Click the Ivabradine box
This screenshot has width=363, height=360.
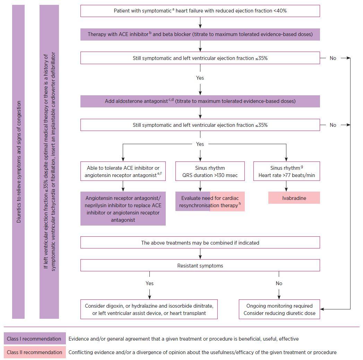294,198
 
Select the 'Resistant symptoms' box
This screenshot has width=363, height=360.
200,265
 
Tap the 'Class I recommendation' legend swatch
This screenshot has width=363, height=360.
35,339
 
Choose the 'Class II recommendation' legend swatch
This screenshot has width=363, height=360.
35,352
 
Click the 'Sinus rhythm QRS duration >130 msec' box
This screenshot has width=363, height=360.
210,171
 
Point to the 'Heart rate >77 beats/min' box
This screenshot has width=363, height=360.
287,171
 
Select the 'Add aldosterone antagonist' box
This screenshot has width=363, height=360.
200,101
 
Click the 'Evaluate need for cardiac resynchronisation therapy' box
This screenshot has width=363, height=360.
210,201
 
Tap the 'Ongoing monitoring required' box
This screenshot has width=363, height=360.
279,309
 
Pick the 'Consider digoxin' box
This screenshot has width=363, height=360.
149,309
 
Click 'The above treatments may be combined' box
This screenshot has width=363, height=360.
200,243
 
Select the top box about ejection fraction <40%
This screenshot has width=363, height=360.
200,11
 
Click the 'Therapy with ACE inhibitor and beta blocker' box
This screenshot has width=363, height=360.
200,34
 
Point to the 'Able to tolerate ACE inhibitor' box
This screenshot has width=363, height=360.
123,171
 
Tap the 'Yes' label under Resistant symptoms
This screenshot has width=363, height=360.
149,283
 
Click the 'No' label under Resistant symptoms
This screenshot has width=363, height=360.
279,283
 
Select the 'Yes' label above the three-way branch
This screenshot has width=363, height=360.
200,144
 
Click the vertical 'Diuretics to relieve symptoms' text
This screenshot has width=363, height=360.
18,162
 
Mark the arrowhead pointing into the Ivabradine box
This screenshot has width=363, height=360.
286,190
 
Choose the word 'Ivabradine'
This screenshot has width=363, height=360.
294,198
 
